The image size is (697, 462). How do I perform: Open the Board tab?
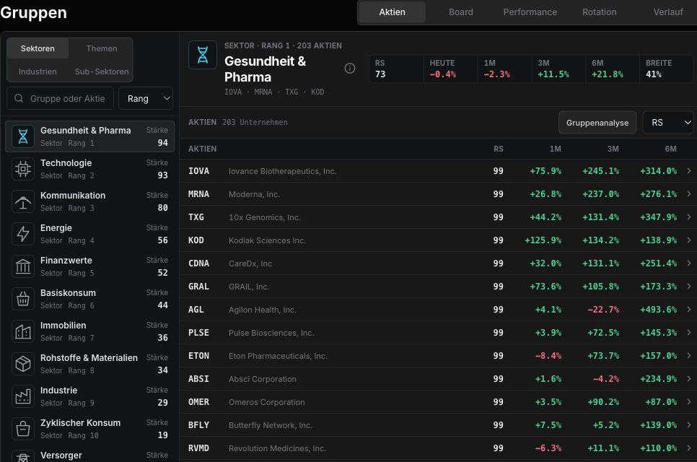coord(460,12)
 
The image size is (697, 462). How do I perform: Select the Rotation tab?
coord(599,12)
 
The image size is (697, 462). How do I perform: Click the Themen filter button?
coord(101,48)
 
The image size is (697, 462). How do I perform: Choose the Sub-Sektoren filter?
coord(101,71)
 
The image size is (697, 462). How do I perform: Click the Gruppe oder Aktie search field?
coord(61,98)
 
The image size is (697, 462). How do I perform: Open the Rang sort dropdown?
coord(145,98)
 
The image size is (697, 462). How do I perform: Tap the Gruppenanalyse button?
coord(597,123)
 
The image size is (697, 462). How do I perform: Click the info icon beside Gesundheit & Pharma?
coord(350,68)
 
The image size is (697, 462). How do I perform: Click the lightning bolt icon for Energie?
coord(23,234)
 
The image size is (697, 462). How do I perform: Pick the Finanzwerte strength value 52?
coord(162,273)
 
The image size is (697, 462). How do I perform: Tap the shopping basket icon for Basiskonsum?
coord(23,299)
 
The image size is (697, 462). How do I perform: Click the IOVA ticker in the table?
coord(198,171)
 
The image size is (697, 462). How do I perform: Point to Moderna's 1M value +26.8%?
coord(545,194)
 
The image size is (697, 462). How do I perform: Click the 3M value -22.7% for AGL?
coord(603,310)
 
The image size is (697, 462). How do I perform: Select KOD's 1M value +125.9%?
coord(543,240)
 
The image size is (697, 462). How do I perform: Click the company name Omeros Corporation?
coord(267,402)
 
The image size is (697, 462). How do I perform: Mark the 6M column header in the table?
coord(670,149)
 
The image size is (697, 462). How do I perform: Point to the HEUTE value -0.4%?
coord(443,74)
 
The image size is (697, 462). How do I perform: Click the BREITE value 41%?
coord(654,74)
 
